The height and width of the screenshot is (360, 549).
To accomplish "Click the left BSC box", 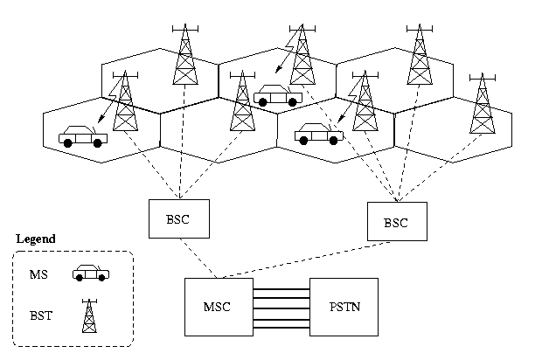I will tap(180, 219).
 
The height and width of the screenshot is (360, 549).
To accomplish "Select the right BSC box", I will tap(397, 222).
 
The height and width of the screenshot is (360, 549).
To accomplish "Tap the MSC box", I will tap(219, 307).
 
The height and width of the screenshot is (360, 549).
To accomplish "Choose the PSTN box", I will tap(344, 307).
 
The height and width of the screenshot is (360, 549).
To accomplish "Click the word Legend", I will tap(36, 239).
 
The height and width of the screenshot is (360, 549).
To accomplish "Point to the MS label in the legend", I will tap(38, 274).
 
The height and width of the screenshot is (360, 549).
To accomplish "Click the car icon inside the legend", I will tap(90, 273).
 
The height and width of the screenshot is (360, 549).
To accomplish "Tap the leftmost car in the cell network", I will tap(83, 136).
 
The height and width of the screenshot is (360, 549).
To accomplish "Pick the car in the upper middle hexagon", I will tap(277, 95).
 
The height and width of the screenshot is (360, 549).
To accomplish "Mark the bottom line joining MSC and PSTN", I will tap(281, 329).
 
